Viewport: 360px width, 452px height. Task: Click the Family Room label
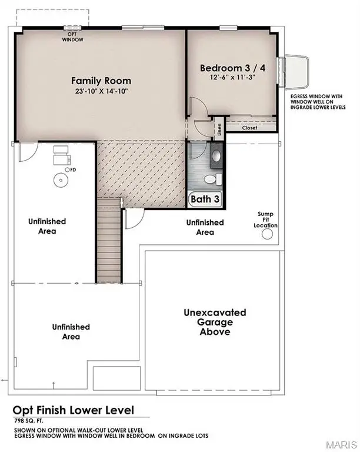click(x=101, y=81)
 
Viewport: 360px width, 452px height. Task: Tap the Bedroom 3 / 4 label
click(x=233, y=68)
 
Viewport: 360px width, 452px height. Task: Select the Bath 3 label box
click(x=205, y=200)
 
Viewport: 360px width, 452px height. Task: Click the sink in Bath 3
click(x=215, y=156)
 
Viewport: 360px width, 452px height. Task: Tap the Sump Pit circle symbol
click(x=267, y=235)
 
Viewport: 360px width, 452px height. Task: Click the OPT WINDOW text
click(x=73, y=36)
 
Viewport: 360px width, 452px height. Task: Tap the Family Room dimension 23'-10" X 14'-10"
click(x=101, y=91)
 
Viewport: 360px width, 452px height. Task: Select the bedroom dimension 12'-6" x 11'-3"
click(x=233, y=78)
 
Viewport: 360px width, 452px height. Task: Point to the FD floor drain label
click(x=72, y=169)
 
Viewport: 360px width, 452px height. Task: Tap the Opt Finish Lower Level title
click(x=74, y=410)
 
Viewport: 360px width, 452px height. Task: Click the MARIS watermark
click(x=341, y=442)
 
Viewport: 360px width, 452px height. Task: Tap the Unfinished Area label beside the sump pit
click(x=205, y=227)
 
